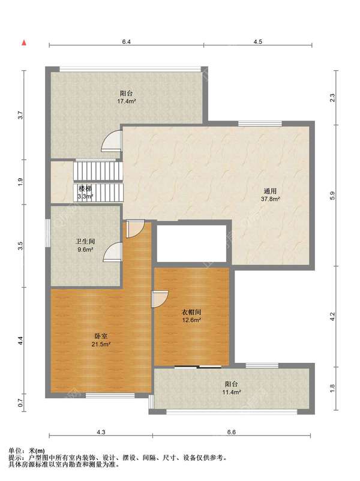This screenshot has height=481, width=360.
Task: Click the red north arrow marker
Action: point(23,43)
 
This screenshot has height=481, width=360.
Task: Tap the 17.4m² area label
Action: point(127,101)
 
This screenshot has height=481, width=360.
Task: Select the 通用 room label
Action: point(270,191)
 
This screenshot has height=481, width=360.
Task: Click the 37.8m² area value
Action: point(270,199)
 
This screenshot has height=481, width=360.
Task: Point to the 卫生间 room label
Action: point(85,242)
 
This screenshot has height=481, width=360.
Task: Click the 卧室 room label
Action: point(101,336)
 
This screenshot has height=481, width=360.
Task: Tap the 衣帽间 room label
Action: point(191,312)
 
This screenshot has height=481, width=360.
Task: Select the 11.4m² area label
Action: point(231,392)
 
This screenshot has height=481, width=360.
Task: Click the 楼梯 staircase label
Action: point(85,189)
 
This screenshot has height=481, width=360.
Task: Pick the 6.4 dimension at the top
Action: point(127,42)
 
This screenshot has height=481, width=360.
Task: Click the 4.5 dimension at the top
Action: point(258,42)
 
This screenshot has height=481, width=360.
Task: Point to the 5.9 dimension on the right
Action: point(332,196)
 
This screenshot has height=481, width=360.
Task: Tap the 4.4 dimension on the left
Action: point(20,341)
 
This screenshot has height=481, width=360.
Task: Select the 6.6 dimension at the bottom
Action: point(232,432)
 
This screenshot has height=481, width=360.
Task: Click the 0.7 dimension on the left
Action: point(20,402)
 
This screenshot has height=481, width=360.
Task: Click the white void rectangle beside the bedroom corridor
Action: point(191,243)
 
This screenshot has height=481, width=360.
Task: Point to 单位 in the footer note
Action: point(14,451)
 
